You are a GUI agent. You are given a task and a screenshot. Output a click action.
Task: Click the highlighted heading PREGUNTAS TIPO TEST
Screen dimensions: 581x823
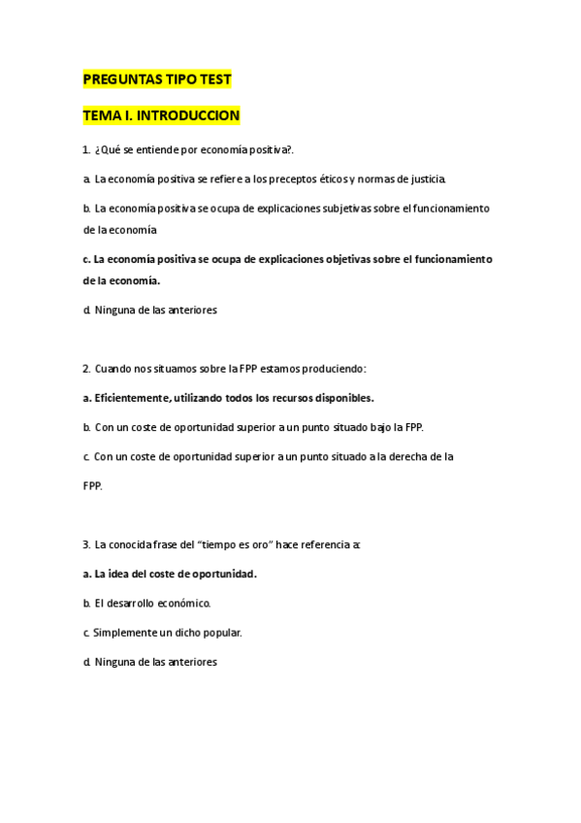tap(157, 80)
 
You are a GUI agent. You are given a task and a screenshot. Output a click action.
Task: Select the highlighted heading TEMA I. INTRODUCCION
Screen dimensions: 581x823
tap(161, 115)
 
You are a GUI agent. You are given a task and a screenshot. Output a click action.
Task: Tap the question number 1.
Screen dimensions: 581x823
tap(86, 149)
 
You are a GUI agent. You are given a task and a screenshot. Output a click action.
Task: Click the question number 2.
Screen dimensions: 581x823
tap(86, 369)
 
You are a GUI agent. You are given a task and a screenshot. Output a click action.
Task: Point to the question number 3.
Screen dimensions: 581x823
tap(86, 544)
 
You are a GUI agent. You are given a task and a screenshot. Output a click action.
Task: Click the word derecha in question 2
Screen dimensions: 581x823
tap(408, 456)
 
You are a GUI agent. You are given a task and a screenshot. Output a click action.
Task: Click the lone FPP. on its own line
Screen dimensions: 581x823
tap(93, 485)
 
